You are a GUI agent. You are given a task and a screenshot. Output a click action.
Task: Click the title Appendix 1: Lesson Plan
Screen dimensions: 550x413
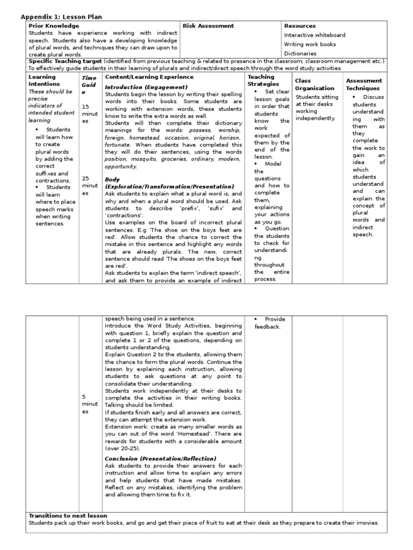[x=61, y=17]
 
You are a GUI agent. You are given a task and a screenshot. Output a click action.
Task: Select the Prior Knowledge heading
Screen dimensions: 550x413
[x=53, y=26]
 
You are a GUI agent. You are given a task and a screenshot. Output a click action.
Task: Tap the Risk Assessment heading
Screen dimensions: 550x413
[x=208, y=26]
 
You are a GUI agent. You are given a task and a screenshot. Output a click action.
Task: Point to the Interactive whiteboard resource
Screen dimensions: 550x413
[x=315, y=35]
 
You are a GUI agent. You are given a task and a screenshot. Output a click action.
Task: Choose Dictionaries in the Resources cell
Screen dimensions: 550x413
[x=300, y=54]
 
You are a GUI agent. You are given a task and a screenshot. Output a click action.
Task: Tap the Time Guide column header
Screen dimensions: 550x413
[x=89, y=85]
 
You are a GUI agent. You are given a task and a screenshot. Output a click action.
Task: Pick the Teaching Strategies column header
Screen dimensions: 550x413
[x=261, y=81]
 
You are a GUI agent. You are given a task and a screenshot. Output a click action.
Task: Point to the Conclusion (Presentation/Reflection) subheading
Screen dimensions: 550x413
[x=160, y=458]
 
